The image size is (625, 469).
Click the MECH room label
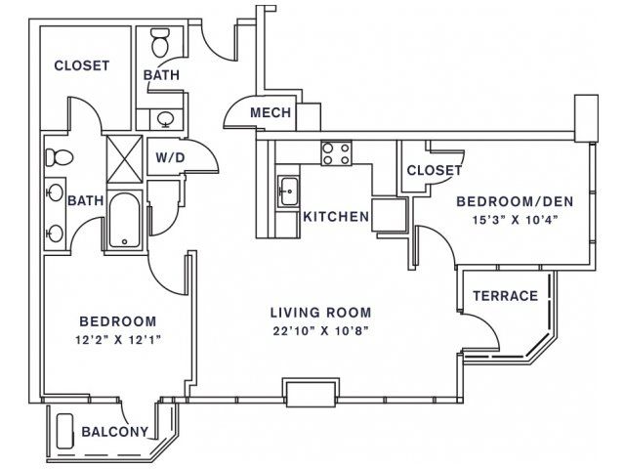[x=271, y=113]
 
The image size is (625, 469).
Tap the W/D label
[x=170, y=158]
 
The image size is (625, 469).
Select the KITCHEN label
[x=336, y=217]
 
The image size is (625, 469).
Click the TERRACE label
[x=506, y=295]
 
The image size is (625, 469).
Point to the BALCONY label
[x=115, y=431]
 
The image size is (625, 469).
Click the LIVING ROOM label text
[x=321, y=313]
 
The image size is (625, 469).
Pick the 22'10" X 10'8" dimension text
[x=320, y=330]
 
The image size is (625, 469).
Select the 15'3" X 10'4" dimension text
[x=515, y=220]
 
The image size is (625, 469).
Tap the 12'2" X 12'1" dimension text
[x=118, y=340]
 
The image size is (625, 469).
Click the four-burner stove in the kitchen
[x=336, y=153]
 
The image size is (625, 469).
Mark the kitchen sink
[x=288, y=192]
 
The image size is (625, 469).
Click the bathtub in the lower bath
[x=124, y=220]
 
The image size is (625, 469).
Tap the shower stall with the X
[x=124, y=158]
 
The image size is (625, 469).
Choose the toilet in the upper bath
[x=161, y=42]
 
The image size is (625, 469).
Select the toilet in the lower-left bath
[x=59, y=157]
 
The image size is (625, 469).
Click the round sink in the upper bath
[x=165, y=119]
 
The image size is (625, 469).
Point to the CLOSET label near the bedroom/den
[x=434, y=171]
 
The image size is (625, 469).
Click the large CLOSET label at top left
[x=82, y=65]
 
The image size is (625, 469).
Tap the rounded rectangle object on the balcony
[x=65, y=432]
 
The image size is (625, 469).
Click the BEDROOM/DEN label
[x=515, y=201]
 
